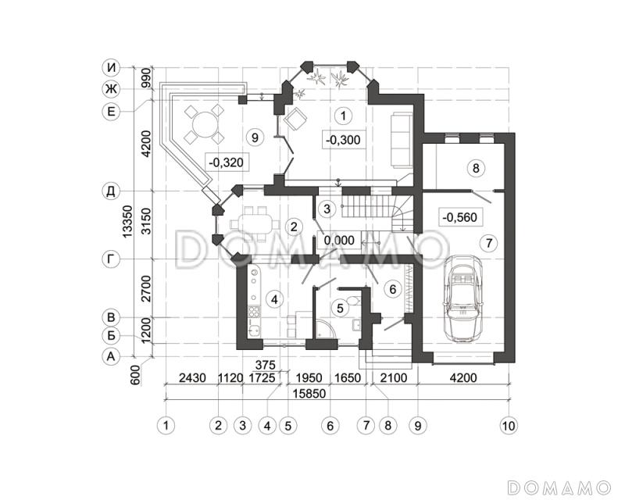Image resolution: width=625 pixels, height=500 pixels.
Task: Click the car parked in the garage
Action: click(x=463, y=298)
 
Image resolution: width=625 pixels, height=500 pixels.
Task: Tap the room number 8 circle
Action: click(x=476, y=168)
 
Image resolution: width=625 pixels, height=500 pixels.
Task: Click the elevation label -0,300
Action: click(x=343, y=140)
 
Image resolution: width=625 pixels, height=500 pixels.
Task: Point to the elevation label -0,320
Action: click(x=226, y=162)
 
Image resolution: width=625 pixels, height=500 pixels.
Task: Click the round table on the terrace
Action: click(x=204, y=124)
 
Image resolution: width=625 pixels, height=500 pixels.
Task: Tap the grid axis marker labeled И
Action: click(x=111, y=68)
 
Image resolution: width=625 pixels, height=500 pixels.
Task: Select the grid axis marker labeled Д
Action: click(x=111, y=191)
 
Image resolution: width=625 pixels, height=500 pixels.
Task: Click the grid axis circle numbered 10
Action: click(x=509, y=426)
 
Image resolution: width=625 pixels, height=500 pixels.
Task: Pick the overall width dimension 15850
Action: click(x=309, y=394)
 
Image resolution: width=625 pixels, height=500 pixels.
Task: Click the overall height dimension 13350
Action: click(x=127, y=222)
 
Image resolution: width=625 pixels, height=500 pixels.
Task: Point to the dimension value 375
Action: click(x=266, y=365)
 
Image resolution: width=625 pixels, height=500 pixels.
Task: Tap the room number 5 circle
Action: click(x=340, y=308)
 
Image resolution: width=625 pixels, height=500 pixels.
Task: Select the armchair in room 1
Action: click(x=295, y=119)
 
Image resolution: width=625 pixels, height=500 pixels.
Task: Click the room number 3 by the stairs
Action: click(x=327, y=209)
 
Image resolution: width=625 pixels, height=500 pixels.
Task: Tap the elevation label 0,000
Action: click(x=339, y=240)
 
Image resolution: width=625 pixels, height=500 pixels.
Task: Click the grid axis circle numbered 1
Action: click(x=166, y=426)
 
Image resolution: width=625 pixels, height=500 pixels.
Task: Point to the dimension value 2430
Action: click(x=192, y=377)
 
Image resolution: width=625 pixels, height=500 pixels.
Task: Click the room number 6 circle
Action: click(x=393, y=289)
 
